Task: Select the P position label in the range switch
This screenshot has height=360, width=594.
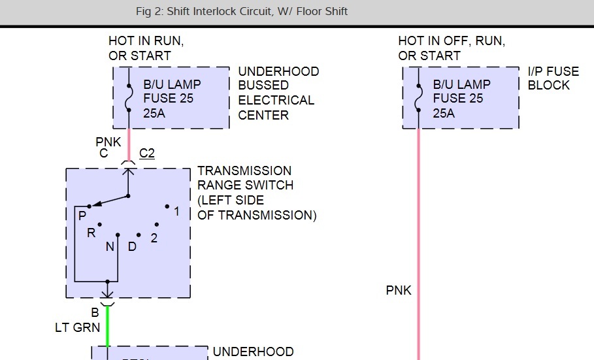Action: pyautogui.click(x=82, y=216)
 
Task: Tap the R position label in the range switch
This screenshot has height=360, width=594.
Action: pyautogui.click(x=91, y=233)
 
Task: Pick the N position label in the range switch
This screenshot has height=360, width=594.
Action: pyautogui.click(x=109, y=247)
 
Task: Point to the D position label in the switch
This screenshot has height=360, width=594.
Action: pyautogui.click(x=132, y=247)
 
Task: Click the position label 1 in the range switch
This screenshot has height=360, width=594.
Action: pyautogui.click(x=176, y=211)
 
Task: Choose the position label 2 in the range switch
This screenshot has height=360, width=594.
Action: pyautogui.click(x=154, y=238)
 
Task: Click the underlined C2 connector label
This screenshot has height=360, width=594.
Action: pyautogui.click(x=147, y=154)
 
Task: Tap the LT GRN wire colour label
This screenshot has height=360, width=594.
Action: pyautogui.click(x=78, y=327)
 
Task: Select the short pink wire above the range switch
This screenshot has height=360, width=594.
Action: pyautogui.click(x=129, y=144)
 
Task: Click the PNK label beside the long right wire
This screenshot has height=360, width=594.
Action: pyautogui.click(x=399, y=290)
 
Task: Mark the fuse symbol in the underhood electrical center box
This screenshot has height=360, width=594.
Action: pyautogui.click(x=128, y=98)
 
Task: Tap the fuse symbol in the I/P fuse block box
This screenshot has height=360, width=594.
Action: pyautogui.click(x=418, y=98)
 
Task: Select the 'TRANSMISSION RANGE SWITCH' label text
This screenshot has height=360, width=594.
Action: pyautogui.click(x=245, y=178)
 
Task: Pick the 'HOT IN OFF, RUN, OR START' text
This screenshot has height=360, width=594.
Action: pyautogui.click(x=450, y=48)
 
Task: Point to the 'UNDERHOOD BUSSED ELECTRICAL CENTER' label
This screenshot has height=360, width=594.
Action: pyautogui.click(x=278, y=93)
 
